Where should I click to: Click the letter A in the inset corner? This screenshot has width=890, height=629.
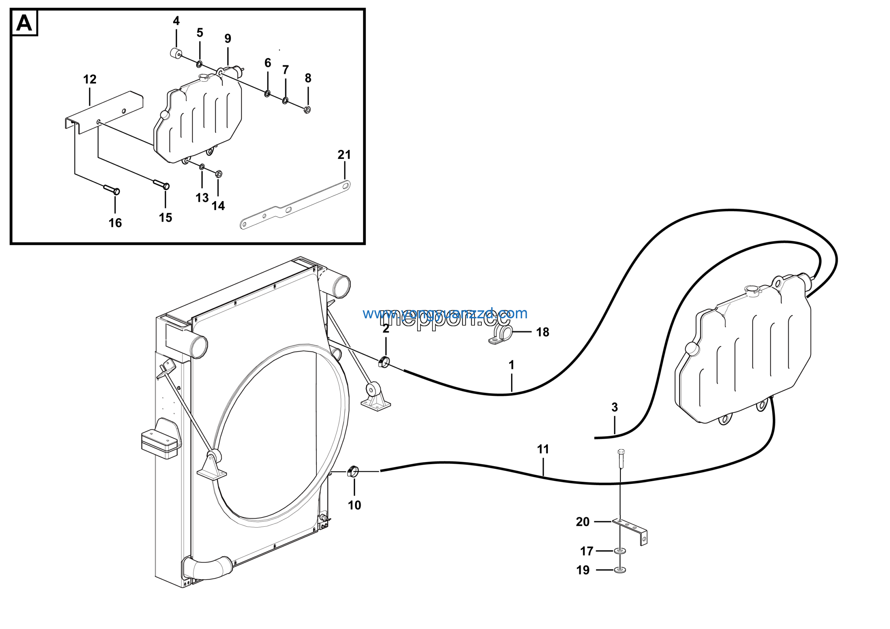(24, 23)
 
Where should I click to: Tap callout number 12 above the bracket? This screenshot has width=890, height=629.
(90, 80)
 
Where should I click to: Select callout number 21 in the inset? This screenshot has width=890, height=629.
(344, 155)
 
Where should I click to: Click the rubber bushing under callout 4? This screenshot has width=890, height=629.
(176, 53)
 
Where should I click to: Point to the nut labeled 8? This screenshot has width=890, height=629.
(307, 110)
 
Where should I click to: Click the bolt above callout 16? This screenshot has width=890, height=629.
(112, 190)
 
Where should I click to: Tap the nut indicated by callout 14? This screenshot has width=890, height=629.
(218, 174)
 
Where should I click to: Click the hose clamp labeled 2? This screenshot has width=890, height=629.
(383, 362)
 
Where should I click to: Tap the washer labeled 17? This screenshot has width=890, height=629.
(620, 551)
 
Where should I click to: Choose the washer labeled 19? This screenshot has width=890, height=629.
(620, 570)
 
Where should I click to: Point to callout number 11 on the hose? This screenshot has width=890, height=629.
(543, 449)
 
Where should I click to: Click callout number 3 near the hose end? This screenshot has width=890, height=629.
(614, 407)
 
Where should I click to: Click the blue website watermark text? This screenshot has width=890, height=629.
(445, 313)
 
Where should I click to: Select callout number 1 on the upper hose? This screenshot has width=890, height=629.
(511, 365)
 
